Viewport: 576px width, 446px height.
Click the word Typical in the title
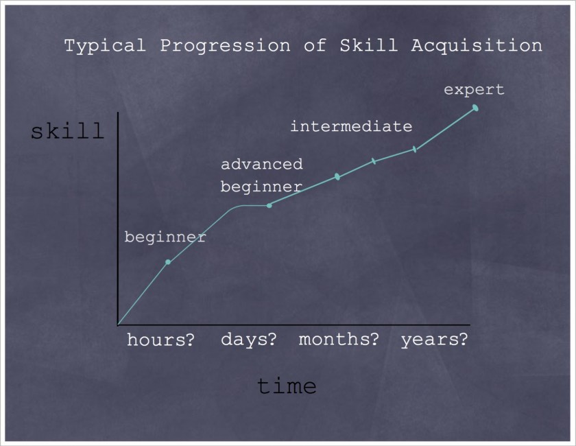point(104,46)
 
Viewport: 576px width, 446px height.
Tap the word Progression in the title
point(229,46)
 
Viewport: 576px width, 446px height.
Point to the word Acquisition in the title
point(477,46)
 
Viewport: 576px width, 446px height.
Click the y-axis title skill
point(67,131)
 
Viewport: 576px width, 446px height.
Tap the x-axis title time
point(287,386)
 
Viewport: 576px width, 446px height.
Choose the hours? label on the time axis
point(160,340)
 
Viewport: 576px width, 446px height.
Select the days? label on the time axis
point(248,339)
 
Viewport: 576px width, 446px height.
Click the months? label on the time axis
point(339,339)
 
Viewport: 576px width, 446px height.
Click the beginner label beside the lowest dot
point(165,237)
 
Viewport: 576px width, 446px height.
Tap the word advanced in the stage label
point(261,165)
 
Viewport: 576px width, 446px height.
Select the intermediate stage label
point(351,127)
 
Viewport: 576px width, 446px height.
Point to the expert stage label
point(474,89)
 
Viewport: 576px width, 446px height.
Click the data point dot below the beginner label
point(168,262)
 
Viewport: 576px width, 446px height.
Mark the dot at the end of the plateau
point(269,205)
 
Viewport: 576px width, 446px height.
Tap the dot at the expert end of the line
point(475,108)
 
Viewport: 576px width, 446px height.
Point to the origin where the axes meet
point(118,325)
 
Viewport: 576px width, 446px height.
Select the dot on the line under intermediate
point(337,176)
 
